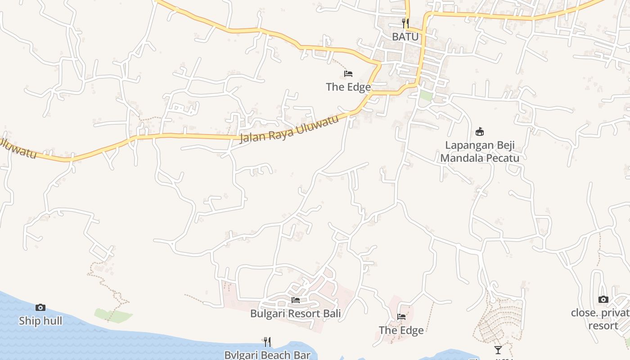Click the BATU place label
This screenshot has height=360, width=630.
click(x=405, y=37)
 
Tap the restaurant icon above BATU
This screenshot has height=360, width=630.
click(x=405, y=23)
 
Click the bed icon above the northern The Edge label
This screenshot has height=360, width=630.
click(x=348, y=74)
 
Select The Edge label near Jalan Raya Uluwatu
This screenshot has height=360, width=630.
click(x=348, y=87)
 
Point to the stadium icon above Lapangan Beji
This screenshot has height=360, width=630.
click(x=480, y=132)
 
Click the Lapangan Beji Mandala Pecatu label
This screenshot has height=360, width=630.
click(x=480, y=152)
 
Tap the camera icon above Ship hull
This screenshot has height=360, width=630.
click(x=40, y=307)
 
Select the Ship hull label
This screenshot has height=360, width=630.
click(x=40, y=321)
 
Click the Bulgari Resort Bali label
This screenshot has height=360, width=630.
click(x=296, y=313)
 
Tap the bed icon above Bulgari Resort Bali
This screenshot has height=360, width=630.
click(x=296, y=300)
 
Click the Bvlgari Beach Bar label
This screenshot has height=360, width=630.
click(x=268, y=355)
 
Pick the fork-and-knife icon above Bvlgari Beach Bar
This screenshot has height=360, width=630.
click(x=267, y=342)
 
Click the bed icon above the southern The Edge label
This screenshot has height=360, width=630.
click(x=401, y=317)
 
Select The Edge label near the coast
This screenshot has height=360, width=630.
click(x=401, y=330)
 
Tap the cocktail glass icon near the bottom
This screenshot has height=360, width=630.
click(x=498, y=350)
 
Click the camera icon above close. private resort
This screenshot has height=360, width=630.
click(x=603, y=299)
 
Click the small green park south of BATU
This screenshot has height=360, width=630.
click(x=425, y=95)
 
